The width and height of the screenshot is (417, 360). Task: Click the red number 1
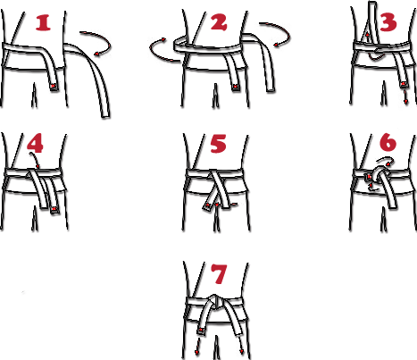43,23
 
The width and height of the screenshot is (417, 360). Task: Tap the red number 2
219,22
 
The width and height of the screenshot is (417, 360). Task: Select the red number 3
388,21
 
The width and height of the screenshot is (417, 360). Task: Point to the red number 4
35,143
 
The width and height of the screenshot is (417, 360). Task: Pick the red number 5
219,144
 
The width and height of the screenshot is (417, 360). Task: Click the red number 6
388,142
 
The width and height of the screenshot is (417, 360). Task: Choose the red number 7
219,273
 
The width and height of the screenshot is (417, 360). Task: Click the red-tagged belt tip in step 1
54,86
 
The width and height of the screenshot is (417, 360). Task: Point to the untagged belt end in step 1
104,114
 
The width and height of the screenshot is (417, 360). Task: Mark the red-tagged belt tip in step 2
236,87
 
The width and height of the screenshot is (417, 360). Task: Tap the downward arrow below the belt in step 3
405,97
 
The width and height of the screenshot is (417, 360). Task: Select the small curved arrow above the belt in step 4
36,160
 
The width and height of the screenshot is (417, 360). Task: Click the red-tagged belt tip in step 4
54,210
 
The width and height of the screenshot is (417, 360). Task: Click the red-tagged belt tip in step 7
201,331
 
